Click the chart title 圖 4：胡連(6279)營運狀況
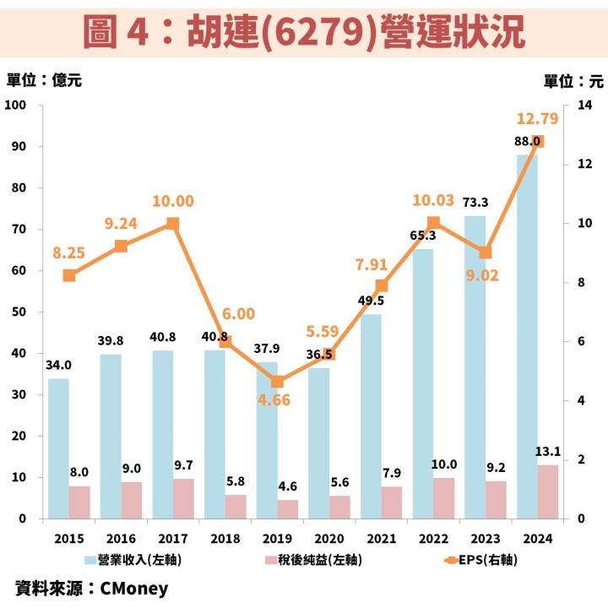click(x=304, y=30)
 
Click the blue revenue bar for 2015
click(x=58, y=448)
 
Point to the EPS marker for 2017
click(x=173, y=224)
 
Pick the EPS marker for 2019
click(x=277, y=382)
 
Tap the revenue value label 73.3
click(x=475, y=202)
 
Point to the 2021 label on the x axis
click(x=381, y=537)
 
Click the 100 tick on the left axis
click(x=17, y=106)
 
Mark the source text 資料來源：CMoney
click(x=92, y=588)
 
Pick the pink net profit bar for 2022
click(x=444, y=497)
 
